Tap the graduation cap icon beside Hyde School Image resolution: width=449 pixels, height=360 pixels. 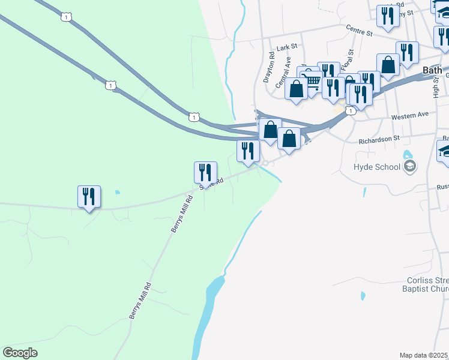410,166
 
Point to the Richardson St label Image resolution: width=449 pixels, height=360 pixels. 379,139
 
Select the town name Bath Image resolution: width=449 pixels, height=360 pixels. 432,70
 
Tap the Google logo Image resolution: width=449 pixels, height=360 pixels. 20,353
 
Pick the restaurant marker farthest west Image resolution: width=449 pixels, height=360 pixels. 89,196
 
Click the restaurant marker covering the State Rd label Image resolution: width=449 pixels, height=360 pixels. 205,172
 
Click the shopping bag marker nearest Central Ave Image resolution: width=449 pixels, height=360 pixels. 297,89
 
